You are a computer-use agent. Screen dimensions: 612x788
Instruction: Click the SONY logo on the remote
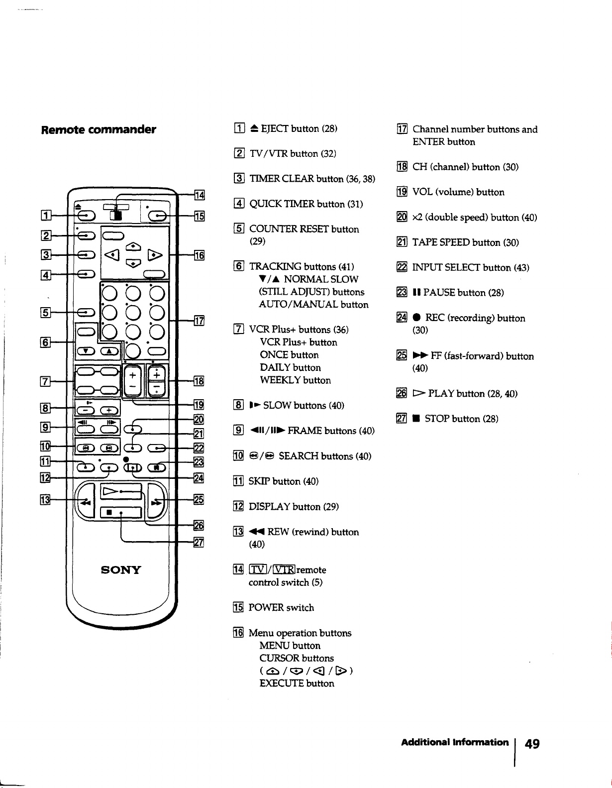click(121, 569)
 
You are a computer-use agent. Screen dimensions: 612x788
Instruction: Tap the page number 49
click(532, 744)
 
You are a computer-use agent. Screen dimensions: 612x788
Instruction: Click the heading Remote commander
click(99, 129)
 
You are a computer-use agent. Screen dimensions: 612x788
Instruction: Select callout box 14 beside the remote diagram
click(200, 195)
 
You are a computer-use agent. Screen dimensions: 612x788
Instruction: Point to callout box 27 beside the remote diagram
click(199, 542)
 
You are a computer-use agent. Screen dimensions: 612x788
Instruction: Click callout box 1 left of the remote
click(46, 216)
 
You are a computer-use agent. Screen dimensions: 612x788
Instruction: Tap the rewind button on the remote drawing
click(85, 501)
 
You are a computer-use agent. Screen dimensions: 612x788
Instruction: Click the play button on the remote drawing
click(121, 491)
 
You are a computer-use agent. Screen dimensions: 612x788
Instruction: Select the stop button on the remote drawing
click(121, 512)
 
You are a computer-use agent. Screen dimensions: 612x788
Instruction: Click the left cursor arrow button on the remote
click(112, 255)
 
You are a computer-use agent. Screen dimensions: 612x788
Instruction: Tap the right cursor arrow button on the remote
click(155, 255)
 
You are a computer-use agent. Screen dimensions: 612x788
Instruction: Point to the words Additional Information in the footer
click(455, 742)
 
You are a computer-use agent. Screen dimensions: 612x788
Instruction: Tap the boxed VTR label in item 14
click(284, 569)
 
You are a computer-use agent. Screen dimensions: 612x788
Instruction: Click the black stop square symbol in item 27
click(416, 419)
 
